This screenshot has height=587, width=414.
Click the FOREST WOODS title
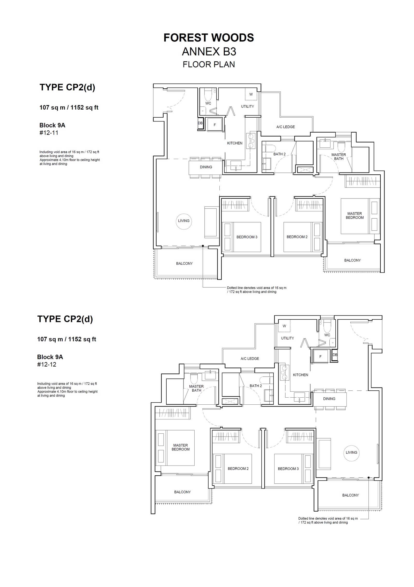pyautogui.click(x=209, y=38)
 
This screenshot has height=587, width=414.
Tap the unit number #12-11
pyautogui.click(x=49, y=133)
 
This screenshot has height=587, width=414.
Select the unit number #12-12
pyautogui.click(x=47, y=364)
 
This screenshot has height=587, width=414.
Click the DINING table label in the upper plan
pyautogui.click(x=206, y=167)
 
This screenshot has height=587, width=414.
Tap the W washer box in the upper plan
pyautogui.click(x=251, y=94)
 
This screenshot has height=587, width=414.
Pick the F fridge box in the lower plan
pyautogui.click(x=320, y=357)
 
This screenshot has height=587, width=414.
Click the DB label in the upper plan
pyautogui.click(x=200, y=123)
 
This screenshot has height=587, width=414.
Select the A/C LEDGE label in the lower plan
pyautogui.click(x=250, y=359)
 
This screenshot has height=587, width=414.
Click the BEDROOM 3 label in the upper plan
pyautogui.click(x=247, y=237)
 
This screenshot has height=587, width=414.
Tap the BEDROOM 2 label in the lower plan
pyautogui.click(x=238, y=469)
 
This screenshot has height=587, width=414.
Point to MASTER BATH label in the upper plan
pyautogui.click(x=339, y=157)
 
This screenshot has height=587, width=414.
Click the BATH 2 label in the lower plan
pyautogui.click(x=256, y=386)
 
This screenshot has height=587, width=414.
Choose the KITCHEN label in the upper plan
pyautogui.click(x=235, y=143)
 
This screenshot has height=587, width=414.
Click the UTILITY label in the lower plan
pyautogui.click(x=287, y=338)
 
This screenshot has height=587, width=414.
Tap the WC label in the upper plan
pyautogui.click(x=208, y=103)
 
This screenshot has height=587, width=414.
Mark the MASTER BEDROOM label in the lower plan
pyautogui.click(x=181, y=447)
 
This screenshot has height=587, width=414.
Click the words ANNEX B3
pyautogui.click(x=209, y=52)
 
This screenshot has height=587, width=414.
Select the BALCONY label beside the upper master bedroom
pyautogui.click(x=352, y=260)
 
